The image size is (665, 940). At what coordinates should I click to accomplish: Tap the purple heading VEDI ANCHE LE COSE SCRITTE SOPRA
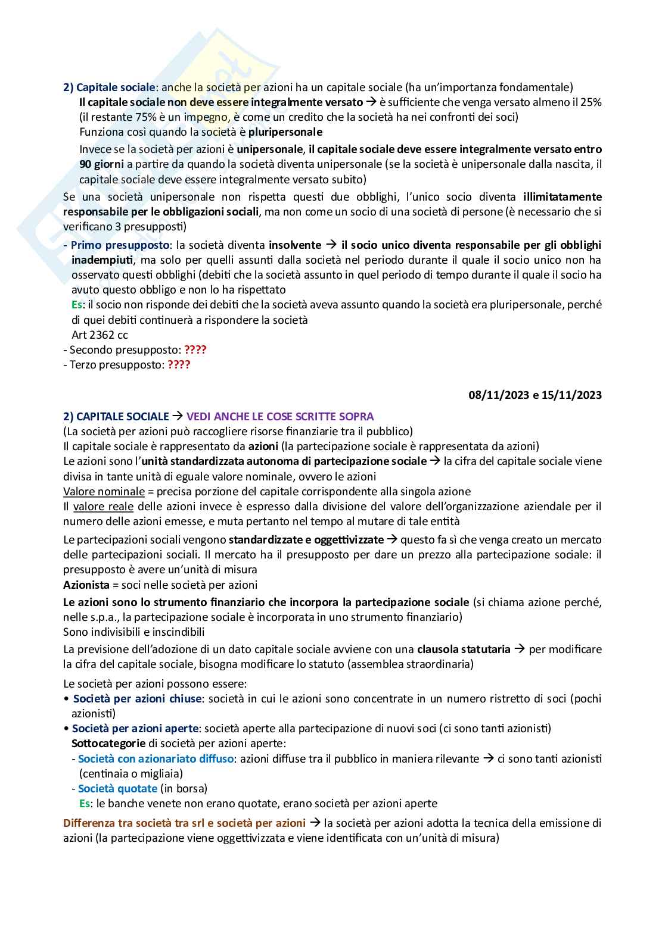[280, 417]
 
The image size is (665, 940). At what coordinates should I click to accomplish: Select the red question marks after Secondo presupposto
[195, 349]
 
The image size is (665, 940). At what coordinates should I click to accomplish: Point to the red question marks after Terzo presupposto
[179, 364]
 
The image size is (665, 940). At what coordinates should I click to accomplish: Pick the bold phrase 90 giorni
[100, 164]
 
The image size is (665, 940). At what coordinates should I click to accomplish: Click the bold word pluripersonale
[285, 132]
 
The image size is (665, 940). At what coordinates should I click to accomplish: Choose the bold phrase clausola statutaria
[464, 649]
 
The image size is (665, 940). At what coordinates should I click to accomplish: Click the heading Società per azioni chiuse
[137, 698]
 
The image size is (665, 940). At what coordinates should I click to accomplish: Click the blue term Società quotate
[117, 788]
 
